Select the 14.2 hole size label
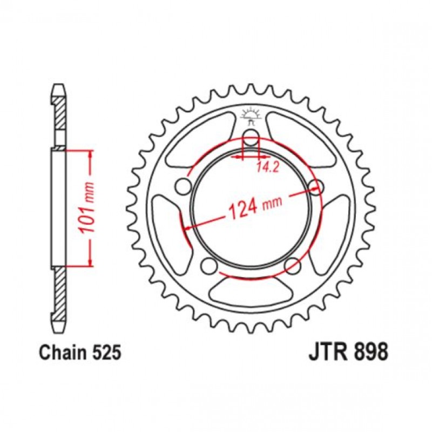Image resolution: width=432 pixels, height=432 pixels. pyautogui.click(x=264, y=167)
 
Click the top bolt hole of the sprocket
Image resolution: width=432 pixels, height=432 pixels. pyautogui.click(x=251, y=138)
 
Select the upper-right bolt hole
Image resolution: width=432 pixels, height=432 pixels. pyautogui.click(x=316, y=186)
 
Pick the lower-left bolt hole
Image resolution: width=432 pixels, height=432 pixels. pyautogui.click(x=208, y=265)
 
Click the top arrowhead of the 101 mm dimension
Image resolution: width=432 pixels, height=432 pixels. pyautogui.click(x=90, y=156)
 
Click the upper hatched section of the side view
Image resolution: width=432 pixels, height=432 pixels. pyautogui.click(x=59, y=113)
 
